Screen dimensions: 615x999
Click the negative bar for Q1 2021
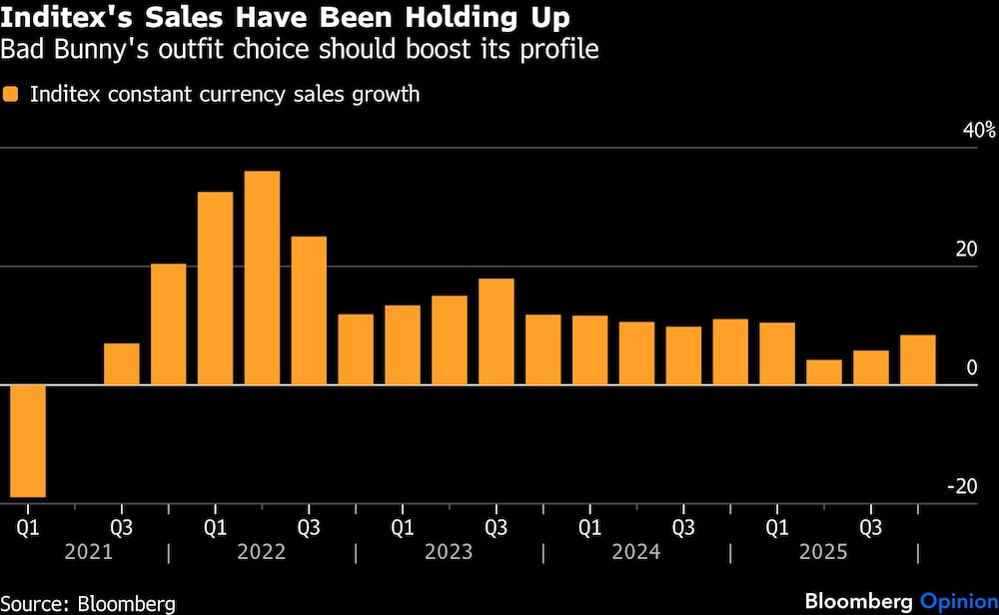tap(28, 440)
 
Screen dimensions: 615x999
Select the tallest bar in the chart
tap(262, 278)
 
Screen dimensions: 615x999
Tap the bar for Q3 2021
tap(122, 363)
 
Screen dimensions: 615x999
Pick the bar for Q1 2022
tap(215, 288)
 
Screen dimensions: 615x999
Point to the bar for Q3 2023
tap(496, 331)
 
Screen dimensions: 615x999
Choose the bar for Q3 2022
tap(309, 310)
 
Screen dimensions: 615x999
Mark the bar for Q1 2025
tap(777, 353)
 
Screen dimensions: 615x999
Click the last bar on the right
tap(918, 359)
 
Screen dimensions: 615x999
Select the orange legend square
tap(11, 95)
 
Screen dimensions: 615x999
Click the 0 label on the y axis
tap(971, 368)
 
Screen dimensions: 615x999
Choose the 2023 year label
tap(450, 552)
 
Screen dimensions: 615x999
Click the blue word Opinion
tap(954, 602)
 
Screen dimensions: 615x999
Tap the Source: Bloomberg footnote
tap(88, 603)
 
